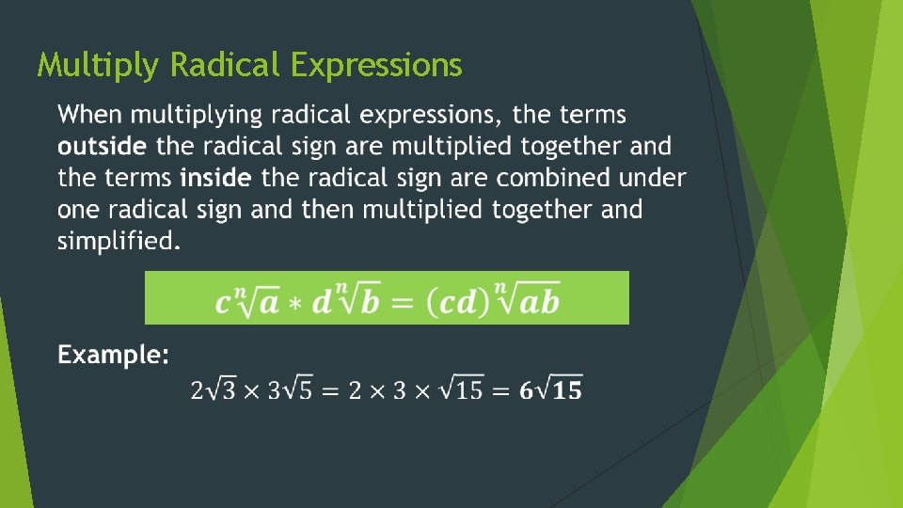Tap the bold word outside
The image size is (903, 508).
[x=102, y=147]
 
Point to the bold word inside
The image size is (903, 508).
[x=215, y=178]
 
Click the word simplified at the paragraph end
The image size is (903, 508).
[x=117, y=241]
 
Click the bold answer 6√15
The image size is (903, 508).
[x=550, y=389]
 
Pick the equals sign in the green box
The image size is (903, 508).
[x=402, y=303]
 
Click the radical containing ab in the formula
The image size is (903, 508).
[x=527, y=301]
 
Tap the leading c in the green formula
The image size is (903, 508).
[x=223, y=304]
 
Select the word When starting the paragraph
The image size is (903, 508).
[x=89, y=116]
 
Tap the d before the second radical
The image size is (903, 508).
[x=322, y=303]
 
